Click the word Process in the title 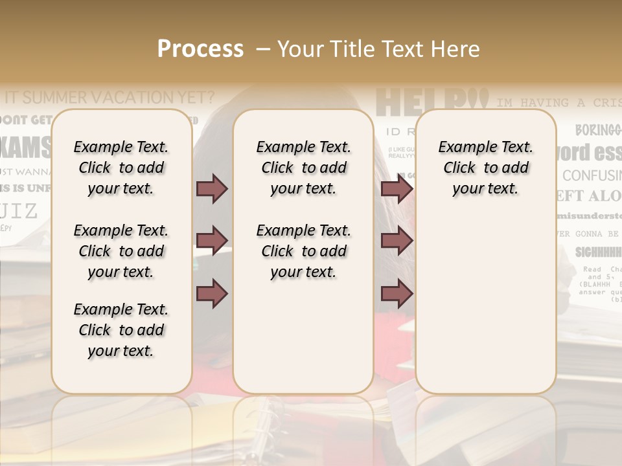(200, 49)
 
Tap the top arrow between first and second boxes (212, 188)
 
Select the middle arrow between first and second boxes (212, 240)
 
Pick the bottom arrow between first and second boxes (212, 293)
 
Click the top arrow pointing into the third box (397, 188)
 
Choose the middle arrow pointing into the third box (397, 240)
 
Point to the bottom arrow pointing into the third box (397, 293)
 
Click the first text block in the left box (121, 168)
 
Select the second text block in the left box (121, 251)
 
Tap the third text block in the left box (121, 330)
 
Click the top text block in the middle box (303, 168)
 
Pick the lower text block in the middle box (303, 251)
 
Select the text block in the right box (485, 168)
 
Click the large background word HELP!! (430, 102)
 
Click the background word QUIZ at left (19, 211)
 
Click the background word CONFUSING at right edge (591, 175)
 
